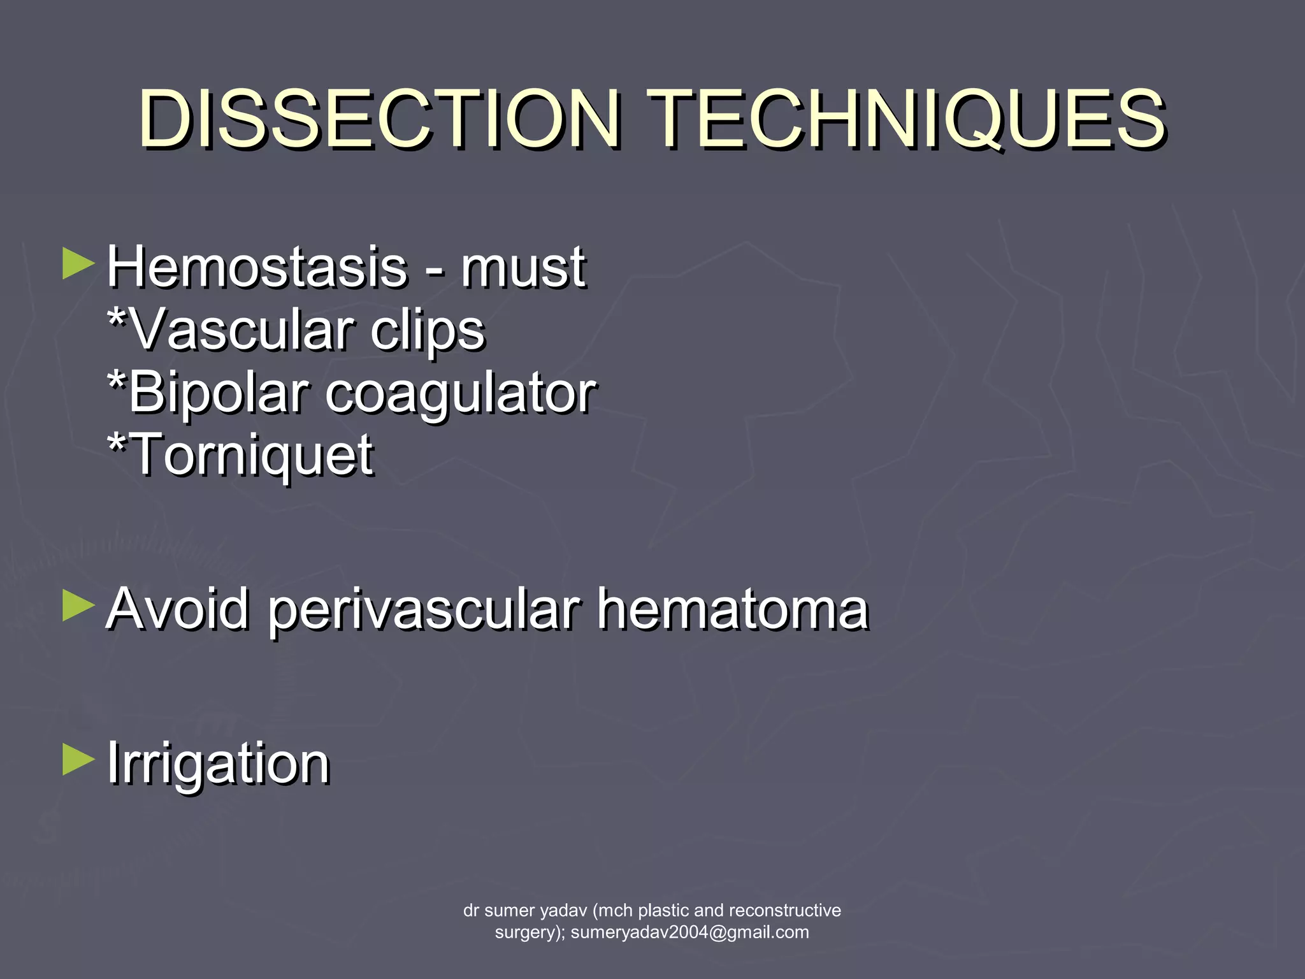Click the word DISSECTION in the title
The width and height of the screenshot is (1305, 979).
[x=380, y=119]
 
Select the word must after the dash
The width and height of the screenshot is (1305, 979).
[x=523, y=268]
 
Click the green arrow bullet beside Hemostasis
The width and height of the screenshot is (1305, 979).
[x=78, y=264]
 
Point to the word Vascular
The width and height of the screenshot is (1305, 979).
[x=242, y=330]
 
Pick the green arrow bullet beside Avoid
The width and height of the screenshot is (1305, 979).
[x=78, y=606]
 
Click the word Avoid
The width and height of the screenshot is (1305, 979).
[x=178, y=609]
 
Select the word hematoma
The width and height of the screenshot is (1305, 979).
[x=733, y=609]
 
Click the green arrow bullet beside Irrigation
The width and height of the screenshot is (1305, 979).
[x=78, y=760]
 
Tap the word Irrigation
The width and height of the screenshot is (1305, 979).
[x=218, y=764]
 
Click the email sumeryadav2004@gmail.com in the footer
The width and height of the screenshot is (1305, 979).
[x=689, y=932]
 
